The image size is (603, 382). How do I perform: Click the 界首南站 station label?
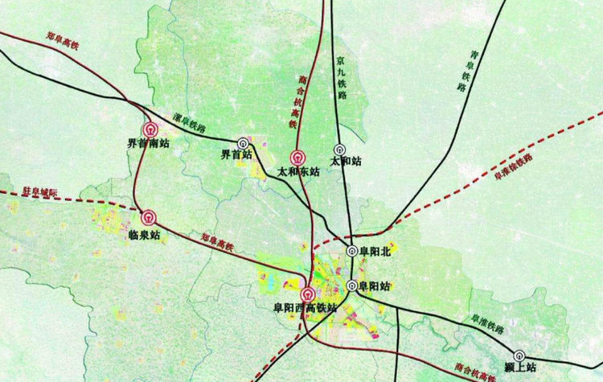[x=149, y=144]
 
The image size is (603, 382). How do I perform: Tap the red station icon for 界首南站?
[x=150, y=128]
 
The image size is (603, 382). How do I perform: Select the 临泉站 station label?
[x=145, y=234]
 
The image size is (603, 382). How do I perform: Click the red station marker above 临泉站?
[x=149, y=217]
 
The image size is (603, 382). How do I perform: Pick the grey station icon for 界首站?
[x=242, y=141]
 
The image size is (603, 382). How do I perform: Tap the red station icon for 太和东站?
[x=298, y=157]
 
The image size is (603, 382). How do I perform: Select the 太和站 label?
[x=346, y=161]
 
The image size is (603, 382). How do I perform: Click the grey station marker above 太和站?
[x=339, y=150]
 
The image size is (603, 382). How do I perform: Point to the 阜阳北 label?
[x=375, y=251]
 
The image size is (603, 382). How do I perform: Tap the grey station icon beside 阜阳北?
[x=352, y=251]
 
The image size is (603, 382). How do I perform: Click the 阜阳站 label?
[x=375, y=285]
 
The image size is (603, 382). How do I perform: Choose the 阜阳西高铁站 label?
[x=306, y=307]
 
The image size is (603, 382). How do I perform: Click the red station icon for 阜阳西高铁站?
[x=308, y=294]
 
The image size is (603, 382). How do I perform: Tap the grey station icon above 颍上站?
[x=519, y=355]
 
